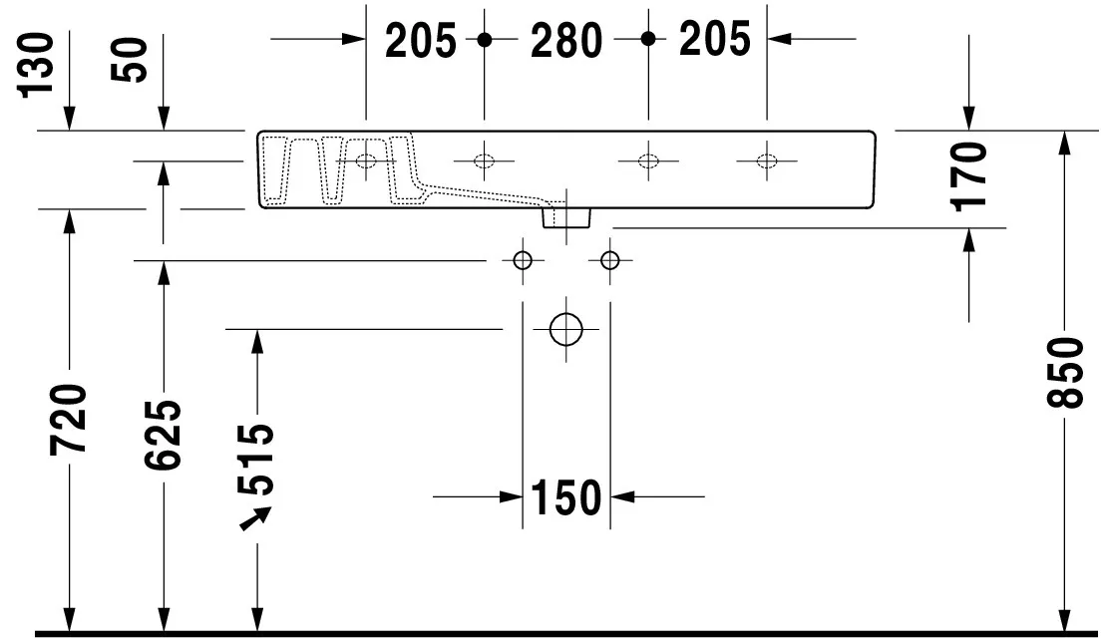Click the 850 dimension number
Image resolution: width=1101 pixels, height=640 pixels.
(1065, 372)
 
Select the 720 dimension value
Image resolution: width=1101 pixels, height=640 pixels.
(71, 418)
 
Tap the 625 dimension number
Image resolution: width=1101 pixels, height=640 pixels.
(164, 434)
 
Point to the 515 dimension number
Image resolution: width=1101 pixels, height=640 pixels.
(257, 460)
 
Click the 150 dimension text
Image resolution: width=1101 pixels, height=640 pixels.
(565, 496)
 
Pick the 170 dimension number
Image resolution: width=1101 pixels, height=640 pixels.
(968, 175)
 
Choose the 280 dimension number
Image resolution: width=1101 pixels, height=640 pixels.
(565, 41)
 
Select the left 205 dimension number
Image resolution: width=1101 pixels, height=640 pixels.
(420, 41)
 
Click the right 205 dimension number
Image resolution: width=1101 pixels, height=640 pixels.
(714, 41)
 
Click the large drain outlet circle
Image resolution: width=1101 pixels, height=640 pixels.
(565, 329)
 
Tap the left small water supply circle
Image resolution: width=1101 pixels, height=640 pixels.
(522, 261)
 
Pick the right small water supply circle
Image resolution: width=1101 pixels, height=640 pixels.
(609, 261)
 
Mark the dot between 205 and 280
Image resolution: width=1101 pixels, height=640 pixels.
(484, 40)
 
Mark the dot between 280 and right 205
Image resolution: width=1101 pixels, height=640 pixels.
(647, 40)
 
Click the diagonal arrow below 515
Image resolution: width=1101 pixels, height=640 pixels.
(256, 518)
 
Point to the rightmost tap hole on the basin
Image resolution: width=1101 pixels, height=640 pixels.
(766, 160)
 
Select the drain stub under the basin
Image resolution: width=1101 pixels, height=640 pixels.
(565, 215)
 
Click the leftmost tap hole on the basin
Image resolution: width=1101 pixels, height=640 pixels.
(366, 160)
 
